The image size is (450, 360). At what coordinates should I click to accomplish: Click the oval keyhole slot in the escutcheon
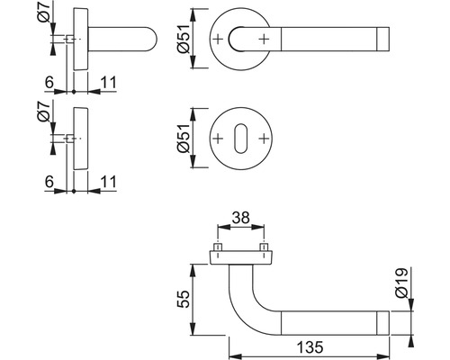240,139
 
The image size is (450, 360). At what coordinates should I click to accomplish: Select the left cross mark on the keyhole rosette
218,139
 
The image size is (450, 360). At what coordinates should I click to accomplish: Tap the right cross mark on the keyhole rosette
263,139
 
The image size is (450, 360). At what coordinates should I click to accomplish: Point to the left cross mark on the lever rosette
218,40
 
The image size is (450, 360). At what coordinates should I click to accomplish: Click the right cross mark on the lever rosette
263,40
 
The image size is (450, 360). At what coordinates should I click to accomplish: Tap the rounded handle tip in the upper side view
148,40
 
